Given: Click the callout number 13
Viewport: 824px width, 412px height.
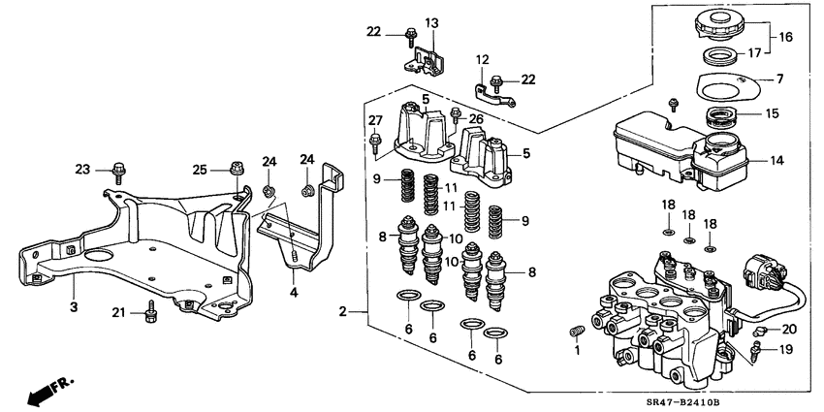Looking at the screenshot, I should pos(431,22).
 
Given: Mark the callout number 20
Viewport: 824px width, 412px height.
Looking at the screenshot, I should pos(788,329).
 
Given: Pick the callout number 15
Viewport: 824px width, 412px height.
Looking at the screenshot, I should pos(771,114).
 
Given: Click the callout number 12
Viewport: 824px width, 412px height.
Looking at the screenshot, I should pos(482,60).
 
